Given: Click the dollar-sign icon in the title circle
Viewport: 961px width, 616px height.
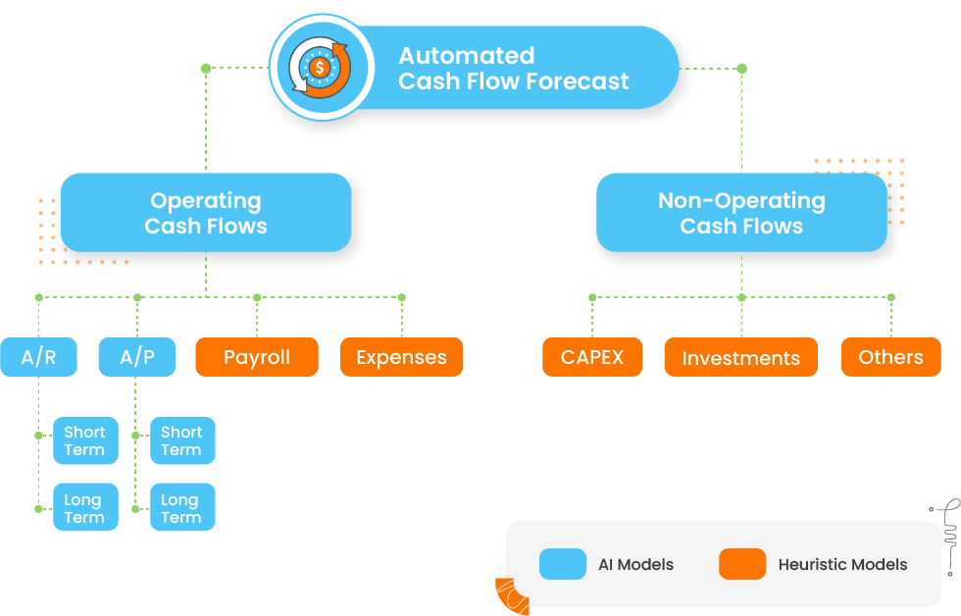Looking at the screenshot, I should [321, 69].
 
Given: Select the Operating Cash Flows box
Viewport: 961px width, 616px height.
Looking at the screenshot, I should [206, 213].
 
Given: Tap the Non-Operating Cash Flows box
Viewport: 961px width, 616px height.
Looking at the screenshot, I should [741, 213].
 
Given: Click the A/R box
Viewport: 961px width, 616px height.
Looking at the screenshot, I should [38, 357].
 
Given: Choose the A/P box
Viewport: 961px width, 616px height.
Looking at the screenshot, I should [137, 357].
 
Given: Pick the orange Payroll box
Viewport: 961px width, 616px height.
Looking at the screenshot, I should [257, 357].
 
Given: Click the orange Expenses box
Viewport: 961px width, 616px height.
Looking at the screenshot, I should [401, 357].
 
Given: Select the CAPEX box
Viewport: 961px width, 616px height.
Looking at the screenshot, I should [592, 357].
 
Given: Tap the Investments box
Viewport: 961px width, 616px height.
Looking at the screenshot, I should [741, 357].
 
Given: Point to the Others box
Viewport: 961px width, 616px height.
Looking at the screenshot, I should [890, 357].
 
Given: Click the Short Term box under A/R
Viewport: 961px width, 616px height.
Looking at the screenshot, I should [85, 440].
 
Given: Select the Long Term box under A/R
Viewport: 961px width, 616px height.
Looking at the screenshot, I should [85, 508].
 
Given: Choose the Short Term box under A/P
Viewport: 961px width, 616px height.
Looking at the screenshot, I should [182, 440].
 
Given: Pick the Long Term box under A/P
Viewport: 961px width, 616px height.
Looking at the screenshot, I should [182, 508].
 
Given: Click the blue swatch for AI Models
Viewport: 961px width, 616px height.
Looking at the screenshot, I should [563, 564].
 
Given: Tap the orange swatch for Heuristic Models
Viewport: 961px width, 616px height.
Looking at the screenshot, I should [741, 564].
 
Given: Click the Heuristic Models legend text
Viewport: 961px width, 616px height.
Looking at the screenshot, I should [842, 564].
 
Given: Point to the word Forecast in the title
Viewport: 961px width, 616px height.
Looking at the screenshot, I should [571, 81].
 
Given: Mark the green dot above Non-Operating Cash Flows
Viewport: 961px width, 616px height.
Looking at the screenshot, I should [741, 69].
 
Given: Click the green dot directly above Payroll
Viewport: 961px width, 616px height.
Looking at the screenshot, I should [257, 297].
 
